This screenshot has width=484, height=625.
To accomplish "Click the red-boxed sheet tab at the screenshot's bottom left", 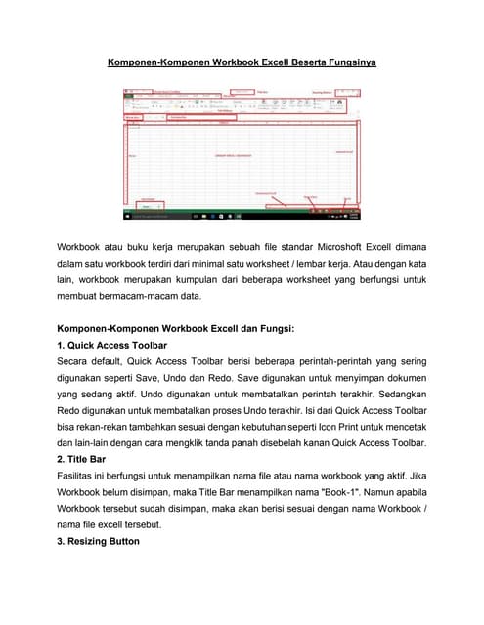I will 148,206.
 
